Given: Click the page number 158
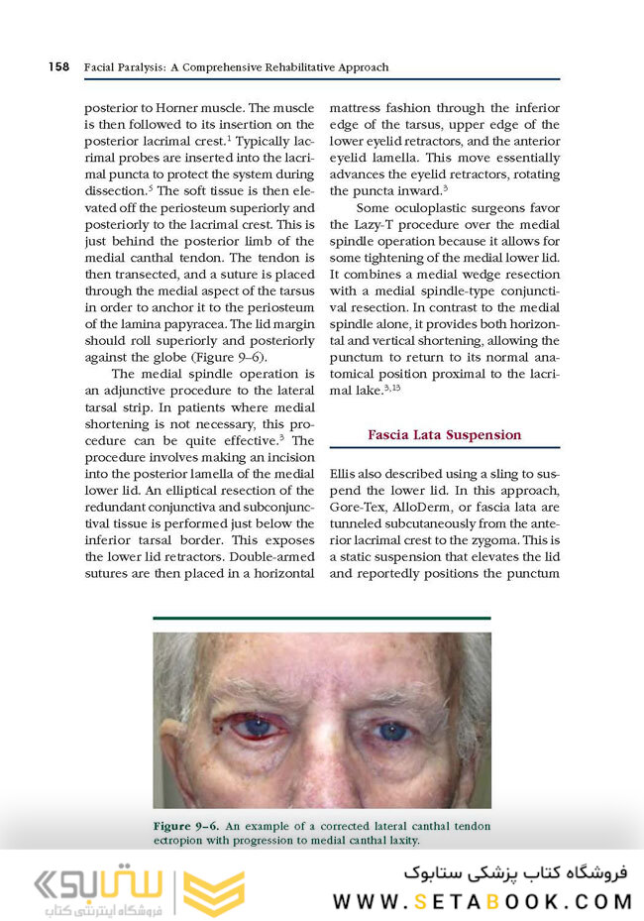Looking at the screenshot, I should click(x=57, y=66).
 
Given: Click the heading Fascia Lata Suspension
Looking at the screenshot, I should click(x=444, y=434).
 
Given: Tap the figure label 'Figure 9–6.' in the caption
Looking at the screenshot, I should click(x=187, y=826).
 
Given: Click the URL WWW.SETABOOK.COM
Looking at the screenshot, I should click(x=482, y=902).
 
